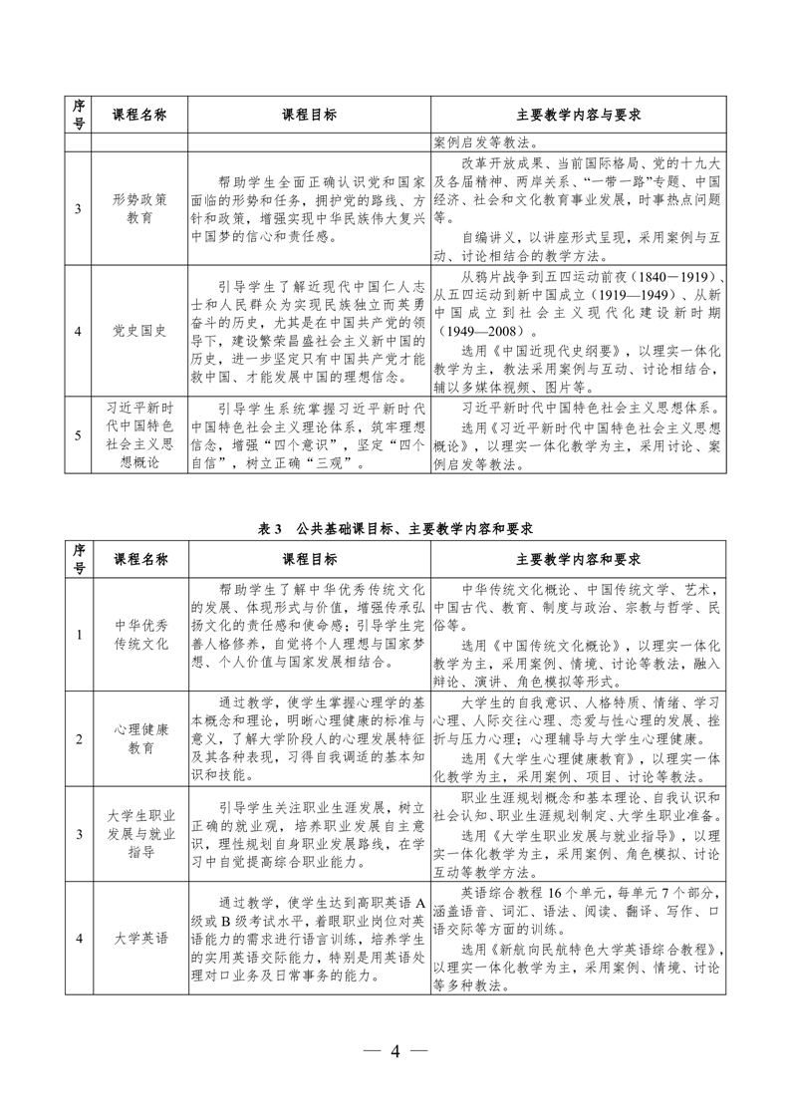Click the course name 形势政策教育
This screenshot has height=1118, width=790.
(x=140, y=207)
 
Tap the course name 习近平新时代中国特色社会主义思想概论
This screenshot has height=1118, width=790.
(x=140, y=434)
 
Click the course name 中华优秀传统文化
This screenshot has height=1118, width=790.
(x=140, y=633)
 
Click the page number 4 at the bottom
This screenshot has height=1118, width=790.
(x=395, y=1052)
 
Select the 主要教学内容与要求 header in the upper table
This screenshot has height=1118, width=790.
(x=577, y=115)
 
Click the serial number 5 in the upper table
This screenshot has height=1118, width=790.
(x=79, y=435)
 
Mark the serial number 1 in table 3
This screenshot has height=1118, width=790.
(x=79, y=633)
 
